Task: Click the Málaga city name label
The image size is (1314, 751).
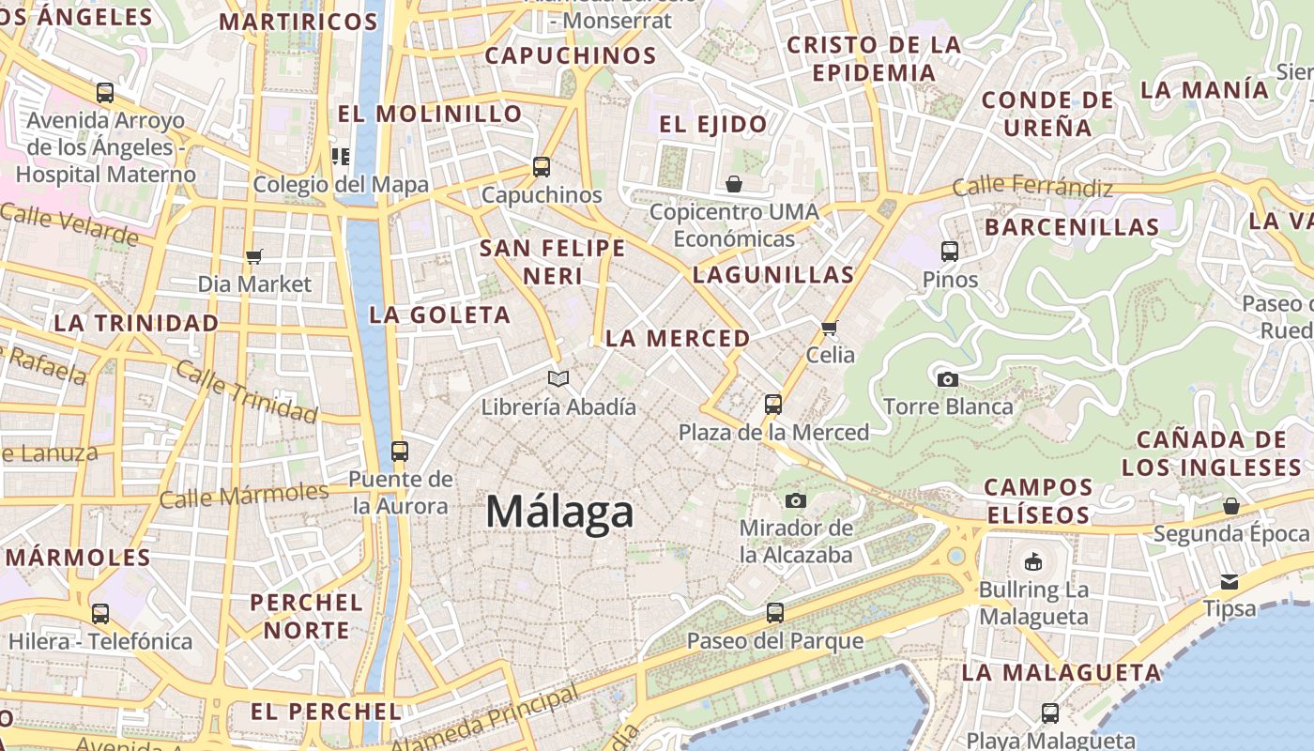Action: (x=559, y=513)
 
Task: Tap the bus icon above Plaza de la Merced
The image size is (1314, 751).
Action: (x=773, y=405)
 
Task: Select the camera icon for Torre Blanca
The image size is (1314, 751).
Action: (x=948, y=379)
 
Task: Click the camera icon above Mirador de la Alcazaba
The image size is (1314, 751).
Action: (x=796, y=500)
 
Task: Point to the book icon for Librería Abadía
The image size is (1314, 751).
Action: (x=558, y=378)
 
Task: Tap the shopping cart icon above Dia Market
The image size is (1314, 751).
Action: (x=253, y=256)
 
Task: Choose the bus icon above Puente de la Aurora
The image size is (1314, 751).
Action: (x=400, y=451)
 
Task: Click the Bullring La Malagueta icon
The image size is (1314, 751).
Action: (x=1033, y=562)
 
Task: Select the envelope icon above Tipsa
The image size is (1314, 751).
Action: (x=1230, y=581)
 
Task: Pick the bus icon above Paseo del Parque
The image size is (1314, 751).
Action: (x=774, y=613)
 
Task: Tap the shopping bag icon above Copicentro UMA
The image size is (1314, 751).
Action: (x=734, y=184)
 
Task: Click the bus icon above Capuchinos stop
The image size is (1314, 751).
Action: (x=542, y=167)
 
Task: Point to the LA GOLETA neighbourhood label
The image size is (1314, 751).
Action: (x=440, y=314)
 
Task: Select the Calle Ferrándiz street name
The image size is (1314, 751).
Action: (x=1032, y=188)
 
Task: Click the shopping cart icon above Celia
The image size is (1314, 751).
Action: (x=830, y=328)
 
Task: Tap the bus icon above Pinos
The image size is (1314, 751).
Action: (x=950, y=251)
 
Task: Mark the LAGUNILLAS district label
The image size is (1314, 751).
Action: (x=773, y=275)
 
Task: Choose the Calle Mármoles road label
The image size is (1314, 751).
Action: (x=243, y=495)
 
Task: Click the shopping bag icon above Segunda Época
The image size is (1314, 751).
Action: (x=1231, y=506)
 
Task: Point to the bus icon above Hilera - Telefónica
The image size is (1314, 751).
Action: (x=100, y=614)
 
